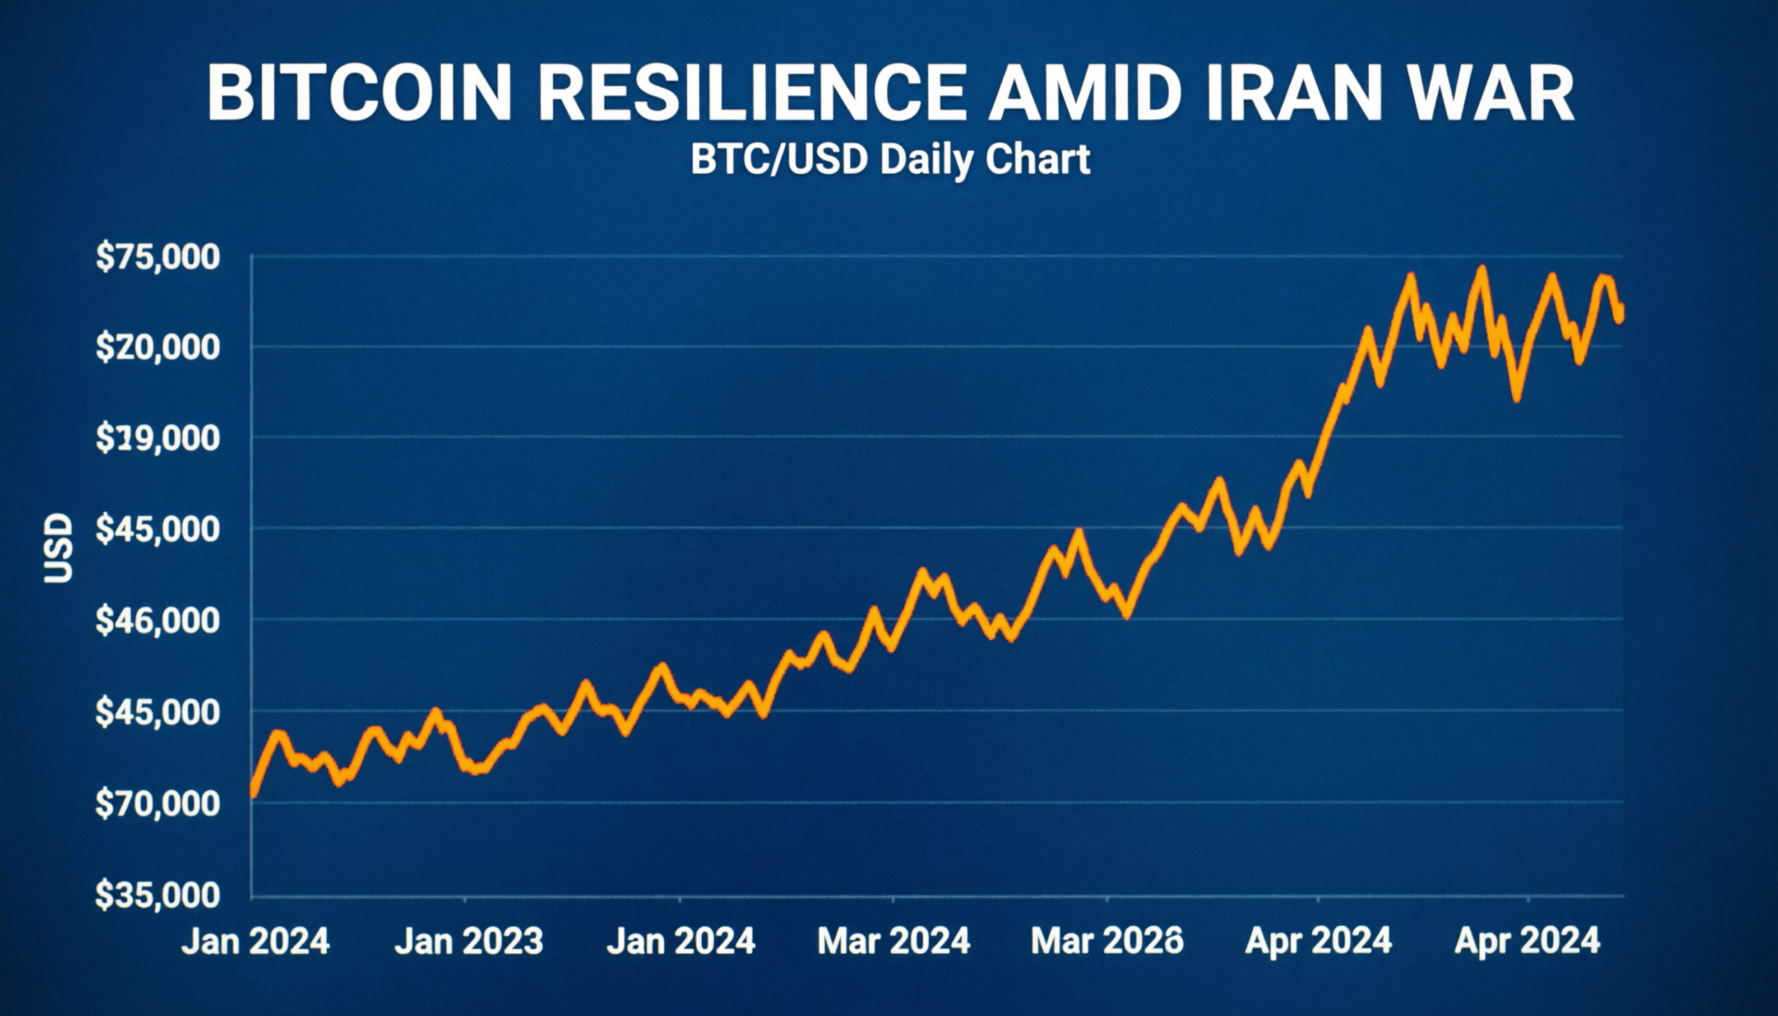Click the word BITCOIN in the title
tap(359, 94)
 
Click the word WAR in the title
tap(1491, 94)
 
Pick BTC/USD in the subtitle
tap(779, 159)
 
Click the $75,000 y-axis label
tap(158, 257)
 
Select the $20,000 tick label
tap(158, 347)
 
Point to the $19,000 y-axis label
tap(158, 437)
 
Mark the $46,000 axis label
tap(158, 620)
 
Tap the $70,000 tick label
tap(158, 803)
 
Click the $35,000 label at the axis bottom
tap(158, 895)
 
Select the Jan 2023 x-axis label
tap(469, 941)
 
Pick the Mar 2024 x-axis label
tap(894, 941)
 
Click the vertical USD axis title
tap(58, 547)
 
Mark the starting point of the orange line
tap(253, 793)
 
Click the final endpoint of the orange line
tap(1620, 317)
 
